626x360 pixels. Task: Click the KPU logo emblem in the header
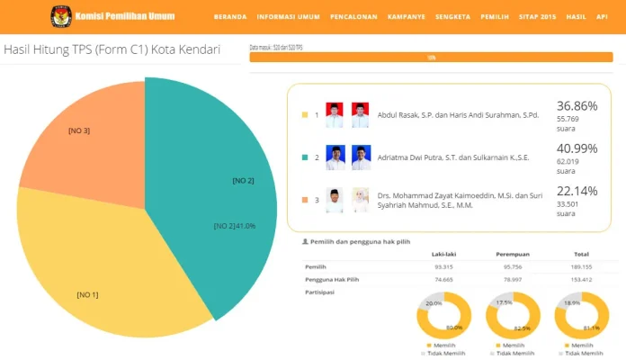tap(62, 15)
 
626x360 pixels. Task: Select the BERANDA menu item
tap(230, 17)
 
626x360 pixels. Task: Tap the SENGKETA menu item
tap(452, 17)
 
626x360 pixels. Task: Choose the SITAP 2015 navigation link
tap(537, 17)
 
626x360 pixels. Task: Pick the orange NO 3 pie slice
tap(85, 135)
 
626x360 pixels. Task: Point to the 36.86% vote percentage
tap(577, 105)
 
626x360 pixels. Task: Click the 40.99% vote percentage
tap(577, 148)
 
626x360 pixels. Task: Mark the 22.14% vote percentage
tap(577, 191)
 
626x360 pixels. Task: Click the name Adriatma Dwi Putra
tap(410, 157)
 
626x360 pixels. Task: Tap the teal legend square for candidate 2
tap(305, 157)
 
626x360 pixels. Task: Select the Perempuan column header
tap(512, 254)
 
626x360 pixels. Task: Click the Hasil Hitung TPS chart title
tap(112, 50)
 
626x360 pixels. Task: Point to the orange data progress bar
tap(431, 57)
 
